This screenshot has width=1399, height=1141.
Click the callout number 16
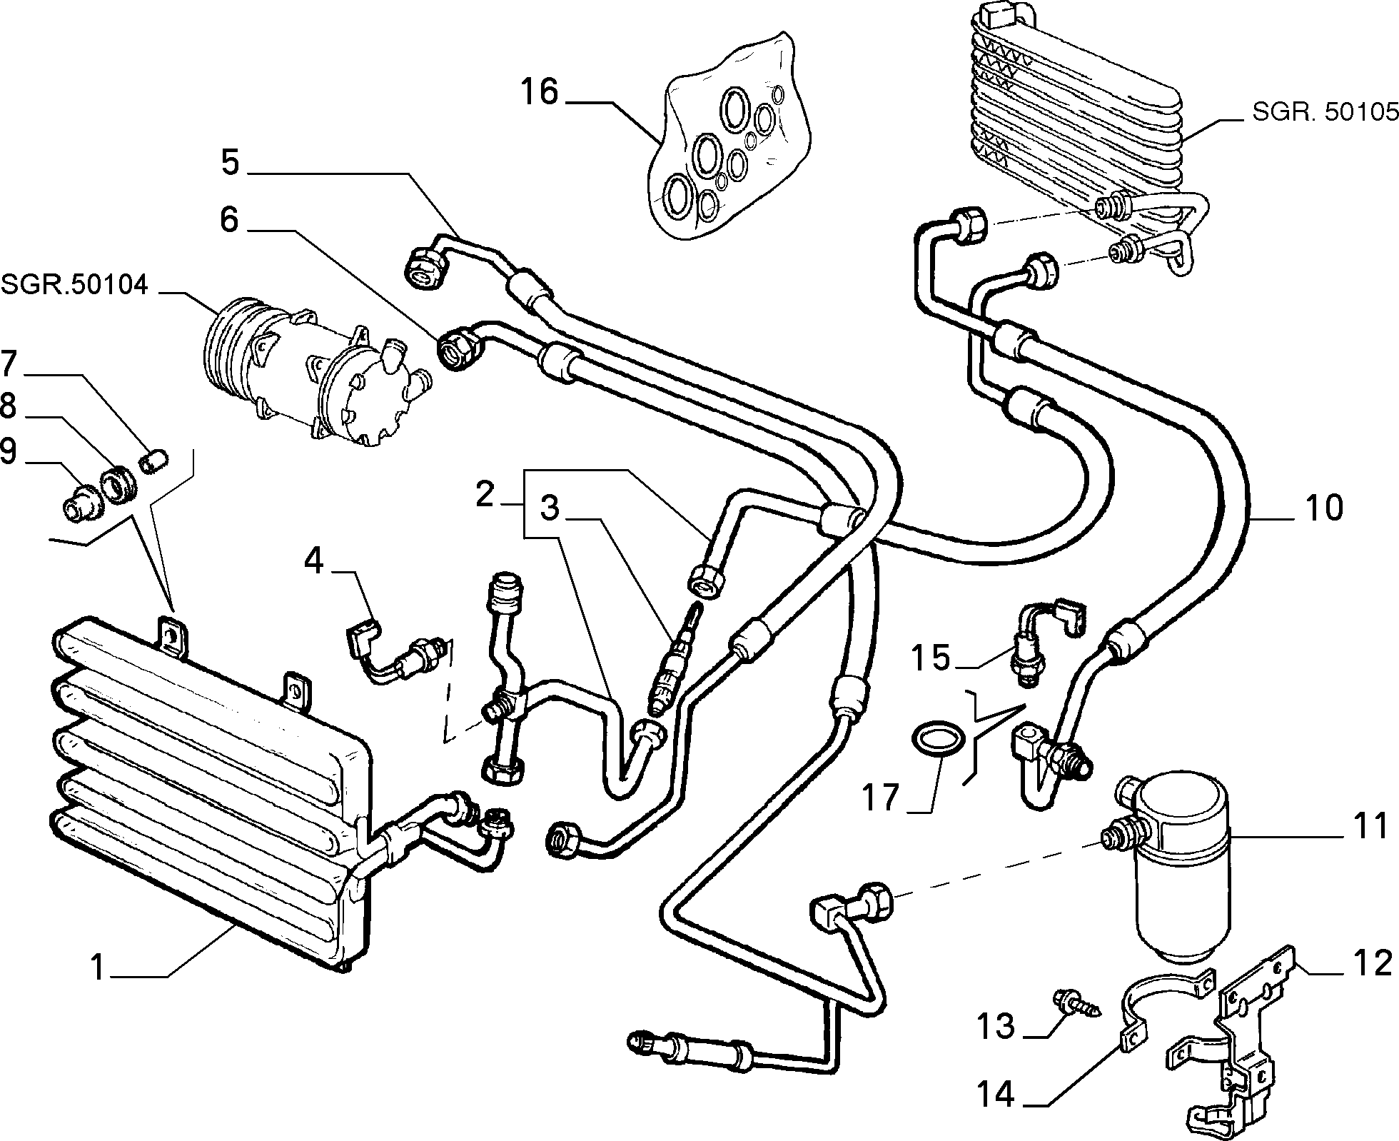coord(539,93)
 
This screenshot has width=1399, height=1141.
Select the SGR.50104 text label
coord(74,285)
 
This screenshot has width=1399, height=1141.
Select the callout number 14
coord(995,1094)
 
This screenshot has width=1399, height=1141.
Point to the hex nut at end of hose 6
coord(460,346)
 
